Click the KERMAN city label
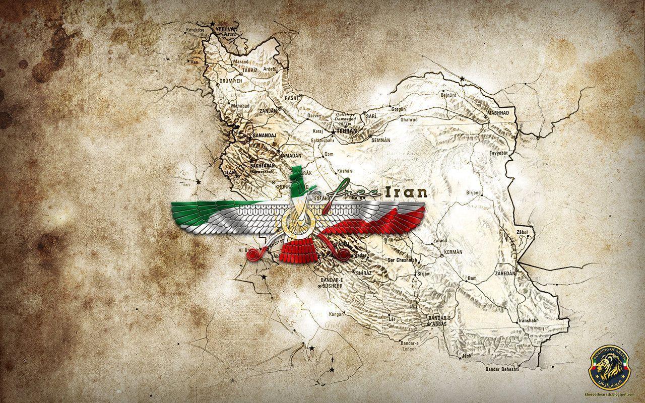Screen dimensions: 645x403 pyautogui.click(x=453, y=251)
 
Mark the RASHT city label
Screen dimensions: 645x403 pyautogui.click(x=291, y=98)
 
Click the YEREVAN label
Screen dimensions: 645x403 pyautogui.click(x=225, y=30)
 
